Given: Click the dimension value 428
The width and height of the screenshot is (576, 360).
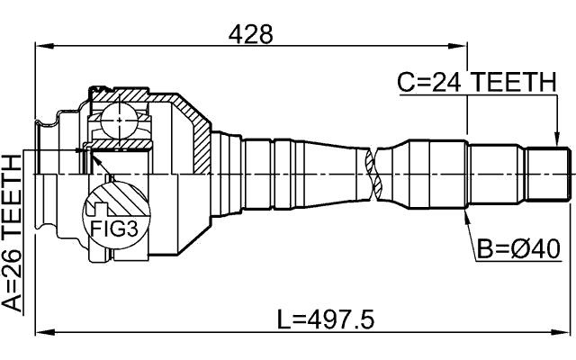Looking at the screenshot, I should coord(250,33).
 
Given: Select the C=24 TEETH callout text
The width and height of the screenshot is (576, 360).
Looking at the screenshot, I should coord(477,83).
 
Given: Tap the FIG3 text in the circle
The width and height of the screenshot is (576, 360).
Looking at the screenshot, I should coord(114,229).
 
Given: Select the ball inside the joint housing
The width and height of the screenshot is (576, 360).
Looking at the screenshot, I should coord(118,120).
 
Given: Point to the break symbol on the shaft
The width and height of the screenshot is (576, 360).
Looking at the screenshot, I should coord(373,172).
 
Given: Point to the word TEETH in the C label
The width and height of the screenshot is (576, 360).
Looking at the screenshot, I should coord(516,83).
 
